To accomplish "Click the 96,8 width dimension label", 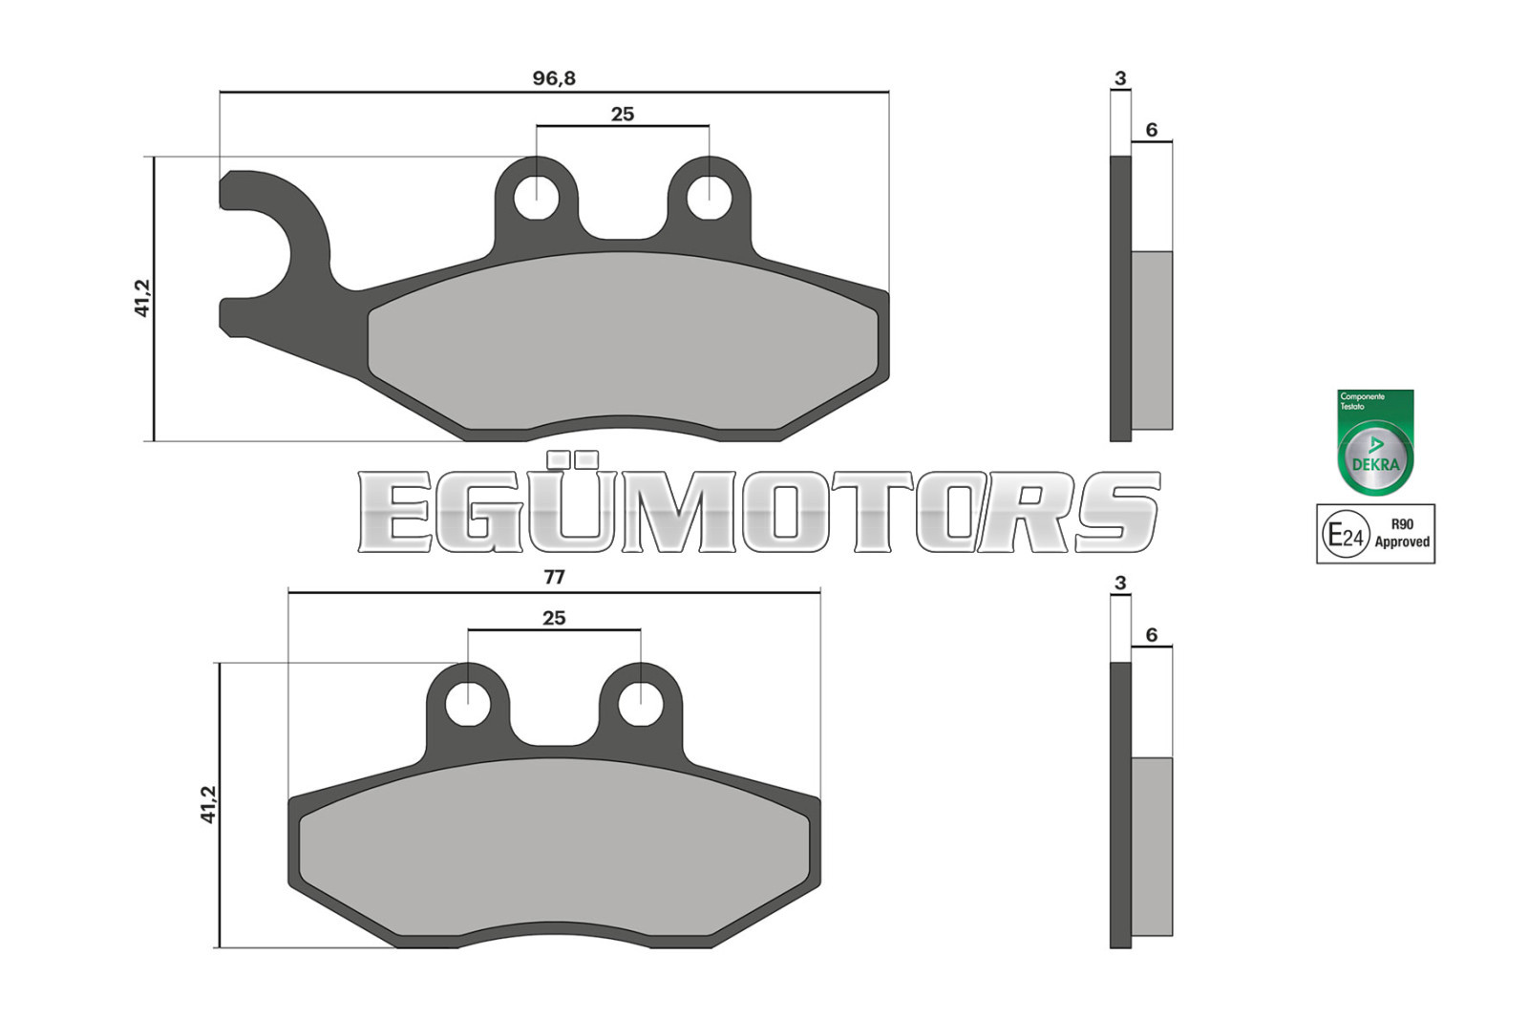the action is (554, 78).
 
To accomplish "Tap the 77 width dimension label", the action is (554, 577).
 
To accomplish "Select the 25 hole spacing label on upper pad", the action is (622, 114).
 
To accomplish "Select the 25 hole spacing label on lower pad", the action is (554, 618).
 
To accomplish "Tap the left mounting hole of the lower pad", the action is (468, 704).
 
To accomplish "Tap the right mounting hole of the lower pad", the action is (641, 704).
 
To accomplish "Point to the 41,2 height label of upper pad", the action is (142, 298).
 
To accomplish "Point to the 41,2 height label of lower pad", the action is (208, 805).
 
